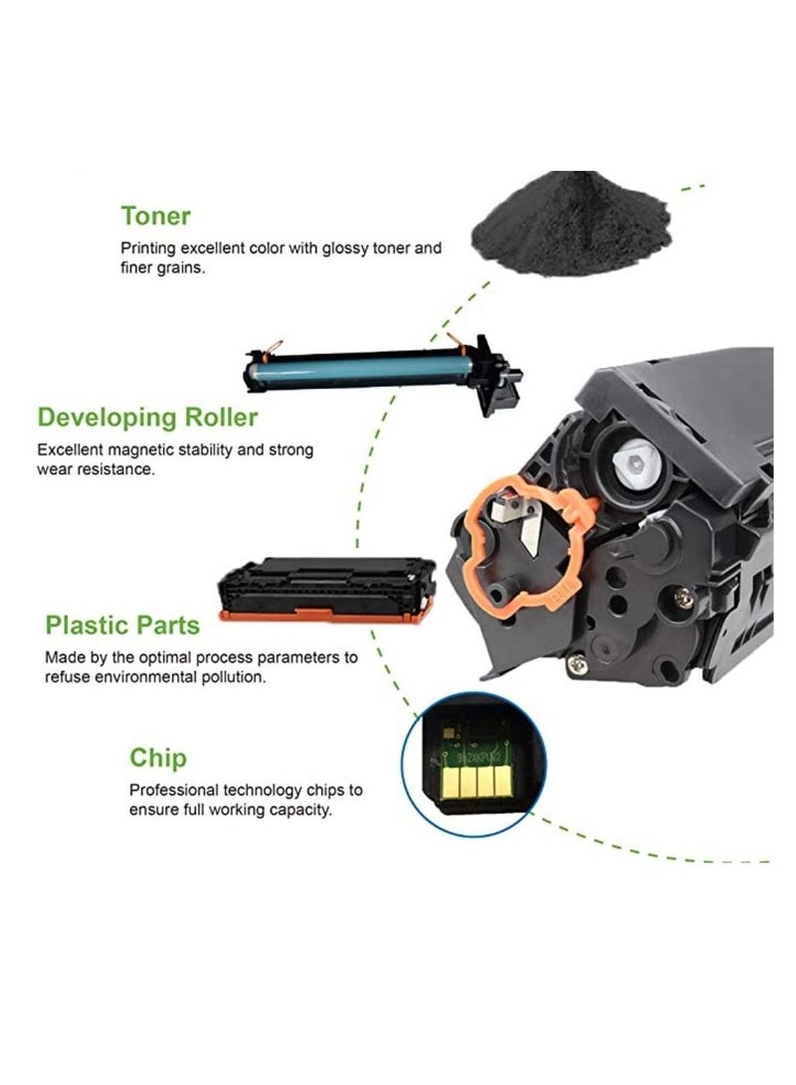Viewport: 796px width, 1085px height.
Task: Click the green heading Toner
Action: [x=155, y=216]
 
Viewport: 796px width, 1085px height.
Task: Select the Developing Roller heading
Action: [x=147, y=417]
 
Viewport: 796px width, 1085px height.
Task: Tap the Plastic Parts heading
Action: [x=122, y=626]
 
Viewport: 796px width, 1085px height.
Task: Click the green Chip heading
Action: [x=157, y=758]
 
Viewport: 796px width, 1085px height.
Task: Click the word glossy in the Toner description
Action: [x=342, y=249]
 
